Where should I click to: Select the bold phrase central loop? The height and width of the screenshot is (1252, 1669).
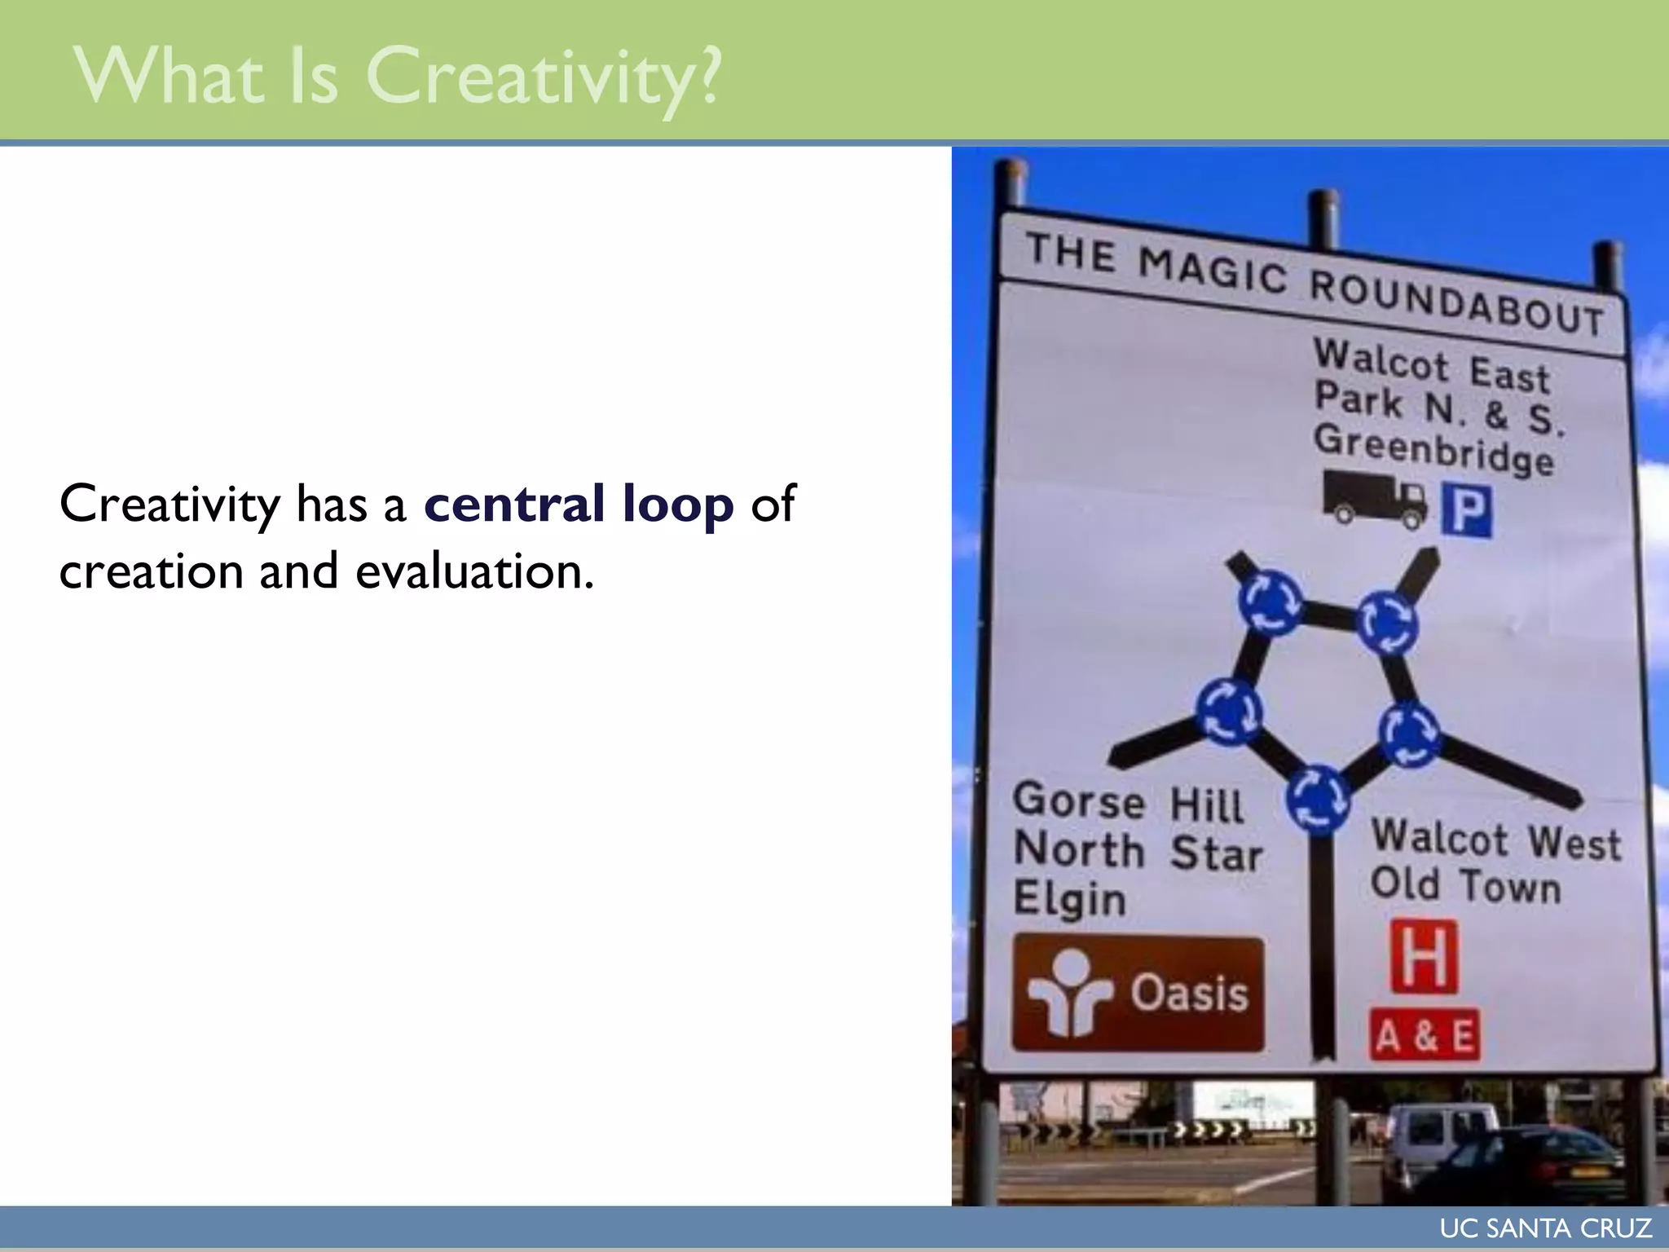(x=579, y=504)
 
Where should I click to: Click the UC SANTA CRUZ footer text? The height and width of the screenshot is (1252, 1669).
(x=1545, y=1228)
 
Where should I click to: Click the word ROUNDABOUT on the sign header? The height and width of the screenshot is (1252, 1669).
(x=1455, y=301)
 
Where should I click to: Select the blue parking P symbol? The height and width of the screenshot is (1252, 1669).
(x=1467, y=510)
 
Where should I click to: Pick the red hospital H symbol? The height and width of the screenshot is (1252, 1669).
(x=1424, y=957)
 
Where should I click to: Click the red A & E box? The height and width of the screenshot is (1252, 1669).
(x=1425, y=1036)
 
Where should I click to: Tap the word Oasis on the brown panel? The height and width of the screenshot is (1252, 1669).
(x=1188, y=994)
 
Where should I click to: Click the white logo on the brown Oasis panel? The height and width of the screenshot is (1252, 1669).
(x=1068, y=992)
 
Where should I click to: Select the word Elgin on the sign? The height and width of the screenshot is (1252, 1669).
(x=1069, y=898)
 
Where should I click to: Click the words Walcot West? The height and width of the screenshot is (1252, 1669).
(x=1495, y=840)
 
